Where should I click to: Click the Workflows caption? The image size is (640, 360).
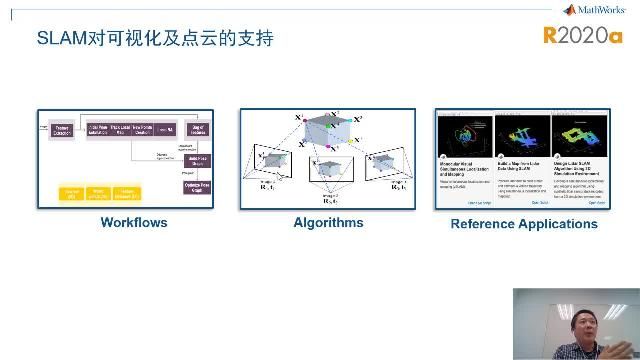pyautogui.click(x=134, y=222)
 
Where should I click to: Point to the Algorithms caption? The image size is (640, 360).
pyautogui.click(x=327, y=222)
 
